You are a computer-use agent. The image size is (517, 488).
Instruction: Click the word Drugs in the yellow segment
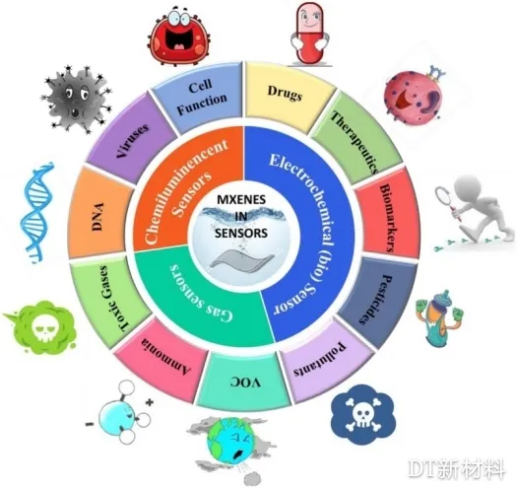285,93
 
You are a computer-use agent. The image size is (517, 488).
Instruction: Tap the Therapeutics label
355,142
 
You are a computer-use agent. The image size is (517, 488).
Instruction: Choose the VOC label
245,383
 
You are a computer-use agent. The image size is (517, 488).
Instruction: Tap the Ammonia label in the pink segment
165,358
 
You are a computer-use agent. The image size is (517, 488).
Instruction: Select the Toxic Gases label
114,298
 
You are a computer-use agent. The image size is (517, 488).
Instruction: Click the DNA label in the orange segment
97,216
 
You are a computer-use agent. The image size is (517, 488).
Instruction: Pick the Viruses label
133,141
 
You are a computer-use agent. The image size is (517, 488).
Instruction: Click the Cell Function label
202,98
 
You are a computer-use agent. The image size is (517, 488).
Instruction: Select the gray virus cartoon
77,98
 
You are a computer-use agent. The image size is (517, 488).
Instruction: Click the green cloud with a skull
41,328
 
